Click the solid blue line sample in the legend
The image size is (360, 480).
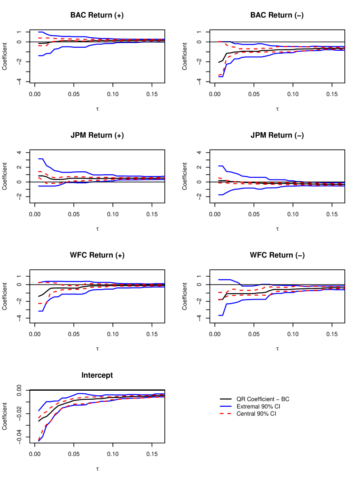click(x=226, y=406)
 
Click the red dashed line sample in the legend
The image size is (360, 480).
click(x=226, y=414)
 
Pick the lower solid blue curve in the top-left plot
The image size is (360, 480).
click(x=65, y=46)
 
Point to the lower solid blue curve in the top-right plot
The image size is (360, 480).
click(x=252, y=57)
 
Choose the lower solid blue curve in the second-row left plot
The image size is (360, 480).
click(x=48, y=186)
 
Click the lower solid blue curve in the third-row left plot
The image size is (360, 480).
click(x=69, y=294)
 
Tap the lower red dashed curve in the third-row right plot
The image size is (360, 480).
click(x=243, y=295)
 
